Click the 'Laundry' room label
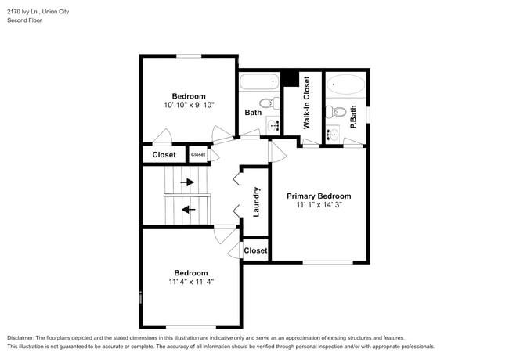256,200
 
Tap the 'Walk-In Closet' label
307,103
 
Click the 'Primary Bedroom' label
319,196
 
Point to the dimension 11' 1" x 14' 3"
319,205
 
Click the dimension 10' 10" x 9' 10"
189,105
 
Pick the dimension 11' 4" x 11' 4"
191,282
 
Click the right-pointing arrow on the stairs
188,182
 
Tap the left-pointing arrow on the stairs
188,209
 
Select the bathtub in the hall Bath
259,81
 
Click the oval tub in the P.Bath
345,85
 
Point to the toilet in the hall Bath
266,103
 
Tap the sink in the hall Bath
273,124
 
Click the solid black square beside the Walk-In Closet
290,78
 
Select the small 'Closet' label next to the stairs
198,155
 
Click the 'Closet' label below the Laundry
255,251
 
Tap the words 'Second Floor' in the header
25,20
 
